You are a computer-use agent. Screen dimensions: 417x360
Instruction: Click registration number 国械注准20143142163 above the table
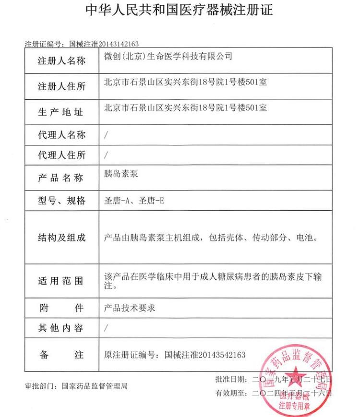coord(104,44)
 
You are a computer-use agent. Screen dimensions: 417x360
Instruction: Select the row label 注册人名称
coord(61,61)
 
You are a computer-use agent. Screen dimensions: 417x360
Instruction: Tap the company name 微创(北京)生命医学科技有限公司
coord(168,56)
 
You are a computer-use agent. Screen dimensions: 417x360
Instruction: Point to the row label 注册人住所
coord(61,86)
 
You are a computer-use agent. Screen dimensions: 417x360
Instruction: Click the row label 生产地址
coord(61,112)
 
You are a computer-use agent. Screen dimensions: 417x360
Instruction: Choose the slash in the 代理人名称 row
coord(106,135)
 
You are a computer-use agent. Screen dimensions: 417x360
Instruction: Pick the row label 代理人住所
coord(61,155)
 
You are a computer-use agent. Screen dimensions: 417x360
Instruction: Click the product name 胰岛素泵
coord(121,174)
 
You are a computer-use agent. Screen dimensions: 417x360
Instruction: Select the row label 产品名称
coord(61,178)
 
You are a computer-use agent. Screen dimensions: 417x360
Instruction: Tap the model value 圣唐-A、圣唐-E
coord(134,201)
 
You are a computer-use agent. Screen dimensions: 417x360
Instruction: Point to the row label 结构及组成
coord(61,237)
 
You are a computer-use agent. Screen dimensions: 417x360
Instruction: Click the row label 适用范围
coord(61,281)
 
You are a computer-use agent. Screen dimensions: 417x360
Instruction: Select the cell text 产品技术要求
coord(130,308)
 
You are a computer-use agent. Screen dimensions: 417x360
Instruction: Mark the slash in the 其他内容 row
coord(106,328)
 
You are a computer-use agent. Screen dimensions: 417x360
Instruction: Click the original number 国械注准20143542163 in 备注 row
coord(205,355)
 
